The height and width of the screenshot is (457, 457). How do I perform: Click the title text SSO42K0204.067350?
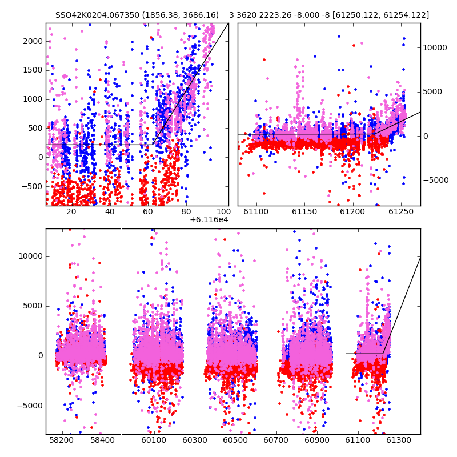97,15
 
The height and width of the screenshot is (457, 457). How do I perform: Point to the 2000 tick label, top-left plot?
33,41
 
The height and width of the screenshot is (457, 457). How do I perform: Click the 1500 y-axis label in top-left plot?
33,70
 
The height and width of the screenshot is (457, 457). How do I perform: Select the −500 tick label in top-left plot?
32,186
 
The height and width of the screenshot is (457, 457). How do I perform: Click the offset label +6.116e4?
209,219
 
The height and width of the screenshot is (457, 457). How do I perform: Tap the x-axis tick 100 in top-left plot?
223,211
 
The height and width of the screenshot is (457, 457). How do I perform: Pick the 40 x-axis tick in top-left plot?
110,211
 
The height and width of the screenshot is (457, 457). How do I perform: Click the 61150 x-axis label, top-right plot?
304,211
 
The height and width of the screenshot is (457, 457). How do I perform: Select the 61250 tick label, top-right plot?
401,211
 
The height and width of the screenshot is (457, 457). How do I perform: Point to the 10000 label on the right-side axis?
435,47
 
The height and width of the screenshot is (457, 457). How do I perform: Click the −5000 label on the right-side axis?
436,180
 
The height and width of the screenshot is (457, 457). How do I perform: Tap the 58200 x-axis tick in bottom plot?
62,440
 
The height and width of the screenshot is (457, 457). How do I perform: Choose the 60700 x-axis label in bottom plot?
276,440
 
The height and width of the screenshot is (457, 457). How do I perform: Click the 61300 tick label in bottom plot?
398,440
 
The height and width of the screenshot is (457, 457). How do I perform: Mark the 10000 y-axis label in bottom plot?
31,256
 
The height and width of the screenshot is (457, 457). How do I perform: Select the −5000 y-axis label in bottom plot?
30,406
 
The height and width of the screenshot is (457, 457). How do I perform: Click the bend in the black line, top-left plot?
153,145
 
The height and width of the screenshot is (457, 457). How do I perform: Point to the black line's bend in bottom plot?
383,354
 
